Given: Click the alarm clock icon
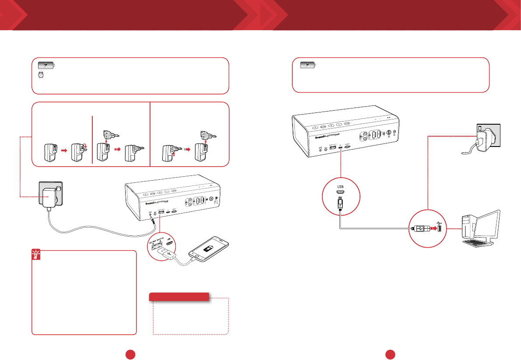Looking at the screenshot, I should tap(41, 75).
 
